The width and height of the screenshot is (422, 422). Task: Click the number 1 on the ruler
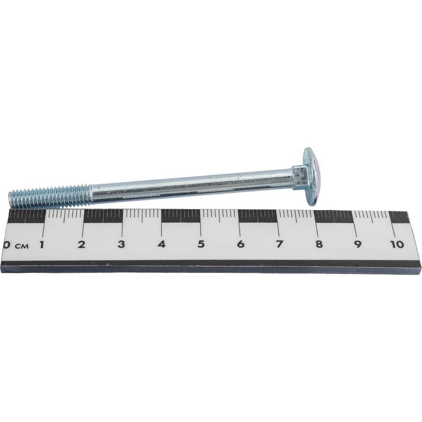[x=42, y=244]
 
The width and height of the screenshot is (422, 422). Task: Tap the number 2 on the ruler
[x=81, y=244]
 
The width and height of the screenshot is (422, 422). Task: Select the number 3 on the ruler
[x=122, y=244]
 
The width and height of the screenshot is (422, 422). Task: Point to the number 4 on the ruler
[x=162, y=244]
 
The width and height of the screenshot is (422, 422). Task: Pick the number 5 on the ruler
[x=201, y=244]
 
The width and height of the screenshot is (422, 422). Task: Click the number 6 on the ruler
[x=241, y=244]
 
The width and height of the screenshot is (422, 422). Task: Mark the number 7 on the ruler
[x=280, y=244]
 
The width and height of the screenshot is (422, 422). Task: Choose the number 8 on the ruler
[x=319, y=244]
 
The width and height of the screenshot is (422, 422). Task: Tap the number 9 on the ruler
[x=358, y=244]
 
